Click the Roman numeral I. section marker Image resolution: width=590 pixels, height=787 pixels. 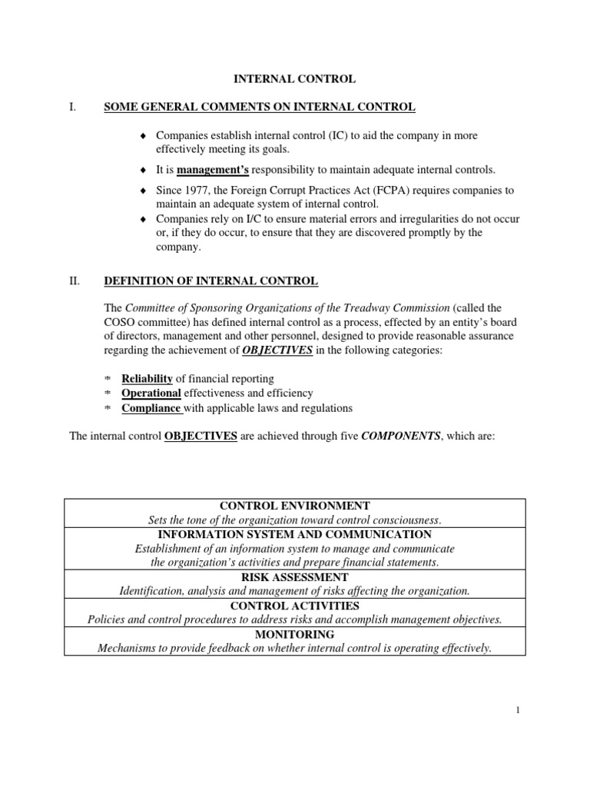click(73, 107)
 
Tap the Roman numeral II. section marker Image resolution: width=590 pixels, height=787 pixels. click(75, 282)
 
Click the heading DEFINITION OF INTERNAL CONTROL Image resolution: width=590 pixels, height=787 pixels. click(210, 282)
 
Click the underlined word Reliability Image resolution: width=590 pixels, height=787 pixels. click(147, 379)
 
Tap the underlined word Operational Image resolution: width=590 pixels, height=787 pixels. click(151, 393)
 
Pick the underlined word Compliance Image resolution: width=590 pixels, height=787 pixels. click(151, 407)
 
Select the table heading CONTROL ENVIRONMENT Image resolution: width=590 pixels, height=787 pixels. click(295, 506)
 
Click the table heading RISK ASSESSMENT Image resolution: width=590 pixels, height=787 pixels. click(295, 576)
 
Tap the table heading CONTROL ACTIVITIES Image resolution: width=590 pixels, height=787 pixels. click(295, 606)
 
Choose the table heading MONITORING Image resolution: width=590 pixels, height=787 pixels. click(295, 634)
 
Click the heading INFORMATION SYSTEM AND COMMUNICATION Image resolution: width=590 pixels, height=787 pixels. click(295, 534)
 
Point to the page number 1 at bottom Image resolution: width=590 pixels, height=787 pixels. click(519, 710)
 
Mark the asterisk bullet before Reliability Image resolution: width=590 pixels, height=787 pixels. click(108, 380)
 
